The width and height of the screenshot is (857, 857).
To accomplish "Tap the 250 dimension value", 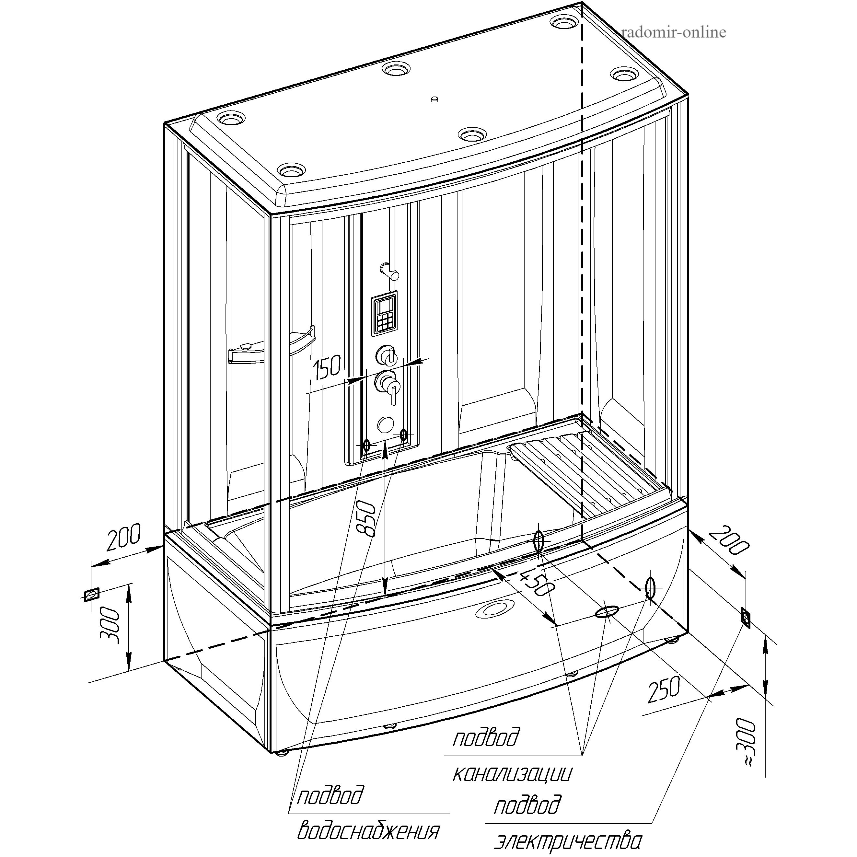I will (x=664, y=690).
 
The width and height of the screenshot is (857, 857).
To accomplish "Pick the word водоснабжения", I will (x=368, y=830).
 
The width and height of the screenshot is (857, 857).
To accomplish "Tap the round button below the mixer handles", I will (x=385, y=424).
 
